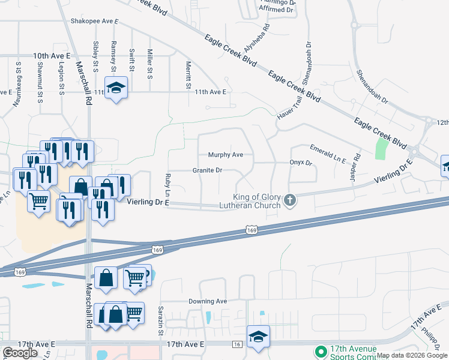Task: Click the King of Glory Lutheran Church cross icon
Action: [291, 200]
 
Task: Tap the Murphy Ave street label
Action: [225, 155]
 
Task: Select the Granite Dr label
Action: [207, 170]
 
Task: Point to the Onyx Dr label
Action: [301, 163]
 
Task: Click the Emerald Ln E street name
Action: [328, 154]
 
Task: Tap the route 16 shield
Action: [238, 344]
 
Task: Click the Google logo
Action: [20, 353]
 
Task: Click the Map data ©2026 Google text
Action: [412, 355]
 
